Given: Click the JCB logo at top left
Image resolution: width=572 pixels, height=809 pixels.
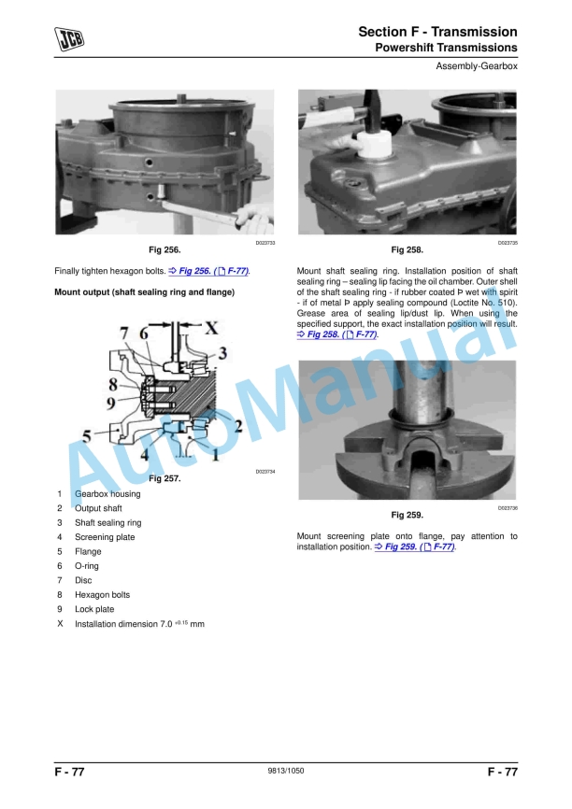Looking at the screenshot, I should [x=70, y=38].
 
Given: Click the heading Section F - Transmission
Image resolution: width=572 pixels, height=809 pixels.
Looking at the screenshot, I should [x=437, y=32].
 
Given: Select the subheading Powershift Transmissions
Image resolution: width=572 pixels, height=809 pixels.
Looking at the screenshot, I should [x=446, y=47].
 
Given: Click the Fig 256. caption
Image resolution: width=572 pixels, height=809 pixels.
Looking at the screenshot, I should [x=164, y=250].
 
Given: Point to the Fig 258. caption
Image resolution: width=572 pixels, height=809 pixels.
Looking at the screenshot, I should [x=408, y=250].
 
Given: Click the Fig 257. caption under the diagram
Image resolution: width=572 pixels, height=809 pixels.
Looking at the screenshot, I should [x=164, y=478].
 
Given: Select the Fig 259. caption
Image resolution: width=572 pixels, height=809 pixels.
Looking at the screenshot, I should [x=408, y=515].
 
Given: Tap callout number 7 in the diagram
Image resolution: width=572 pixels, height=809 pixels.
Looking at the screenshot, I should [x=123, y=333].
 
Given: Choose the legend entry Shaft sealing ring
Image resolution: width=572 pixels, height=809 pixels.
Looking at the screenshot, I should [x=108, y=523].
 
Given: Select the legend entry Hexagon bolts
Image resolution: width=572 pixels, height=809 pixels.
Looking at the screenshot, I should [x=103, y=594].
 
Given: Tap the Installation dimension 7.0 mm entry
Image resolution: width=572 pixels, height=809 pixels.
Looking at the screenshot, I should [x=139, y=623].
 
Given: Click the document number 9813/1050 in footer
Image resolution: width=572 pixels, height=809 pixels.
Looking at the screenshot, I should [x=286, y=772].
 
